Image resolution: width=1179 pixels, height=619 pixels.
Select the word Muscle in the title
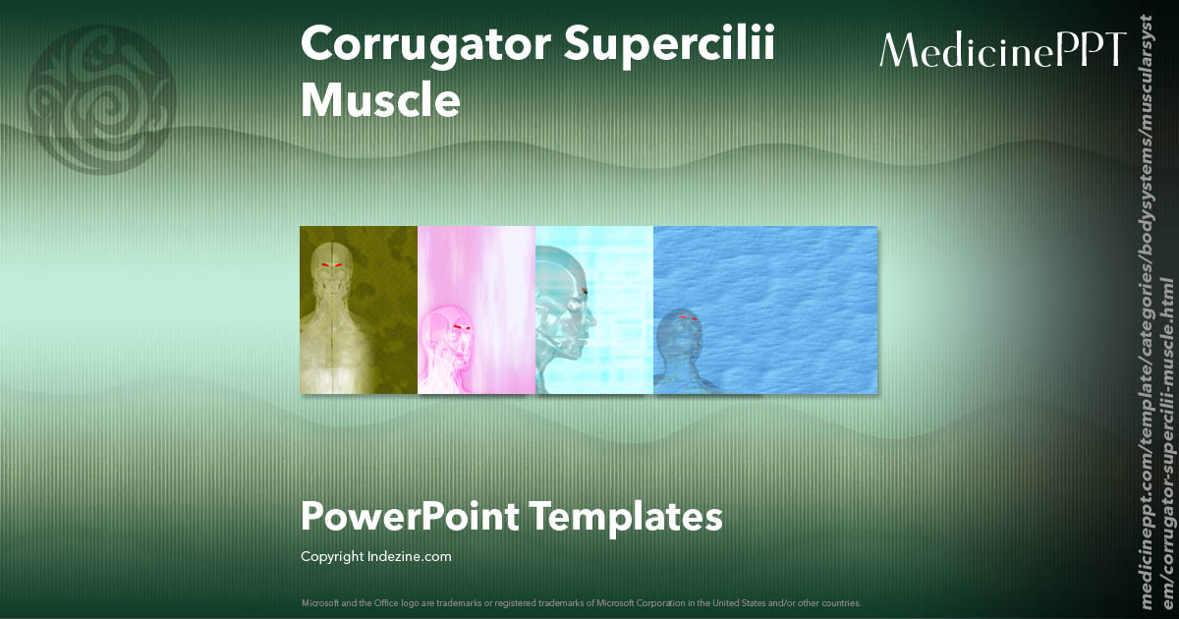tap(380, 100)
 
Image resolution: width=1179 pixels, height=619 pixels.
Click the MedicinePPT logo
tap(1002, 50)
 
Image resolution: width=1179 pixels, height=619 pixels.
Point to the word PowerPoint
tap(409, 517)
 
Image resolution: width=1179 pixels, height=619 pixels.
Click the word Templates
tap(626, 517)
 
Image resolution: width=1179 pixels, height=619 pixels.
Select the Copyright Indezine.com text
tap(376, 557)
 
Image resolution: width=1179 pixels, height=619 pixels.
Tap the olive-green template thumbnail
tap(359, 309)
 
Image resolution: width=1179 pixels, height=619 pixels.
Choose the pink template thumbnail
tap(477, 309)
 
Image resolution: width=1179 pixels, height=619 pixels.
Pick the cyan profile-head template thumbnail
tap(594, 309)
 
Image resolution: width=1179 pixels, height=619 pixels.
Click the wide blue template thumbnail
tap(765, 309)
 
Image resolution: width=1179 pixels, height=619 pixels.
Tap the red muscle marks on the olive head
tap(332, 265)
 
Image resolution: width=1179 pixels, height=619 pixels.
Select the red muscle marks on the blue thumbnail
tap(688, 318)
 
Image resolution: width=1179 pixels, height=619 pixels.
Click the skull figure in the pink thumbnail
tap(450, 349)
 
